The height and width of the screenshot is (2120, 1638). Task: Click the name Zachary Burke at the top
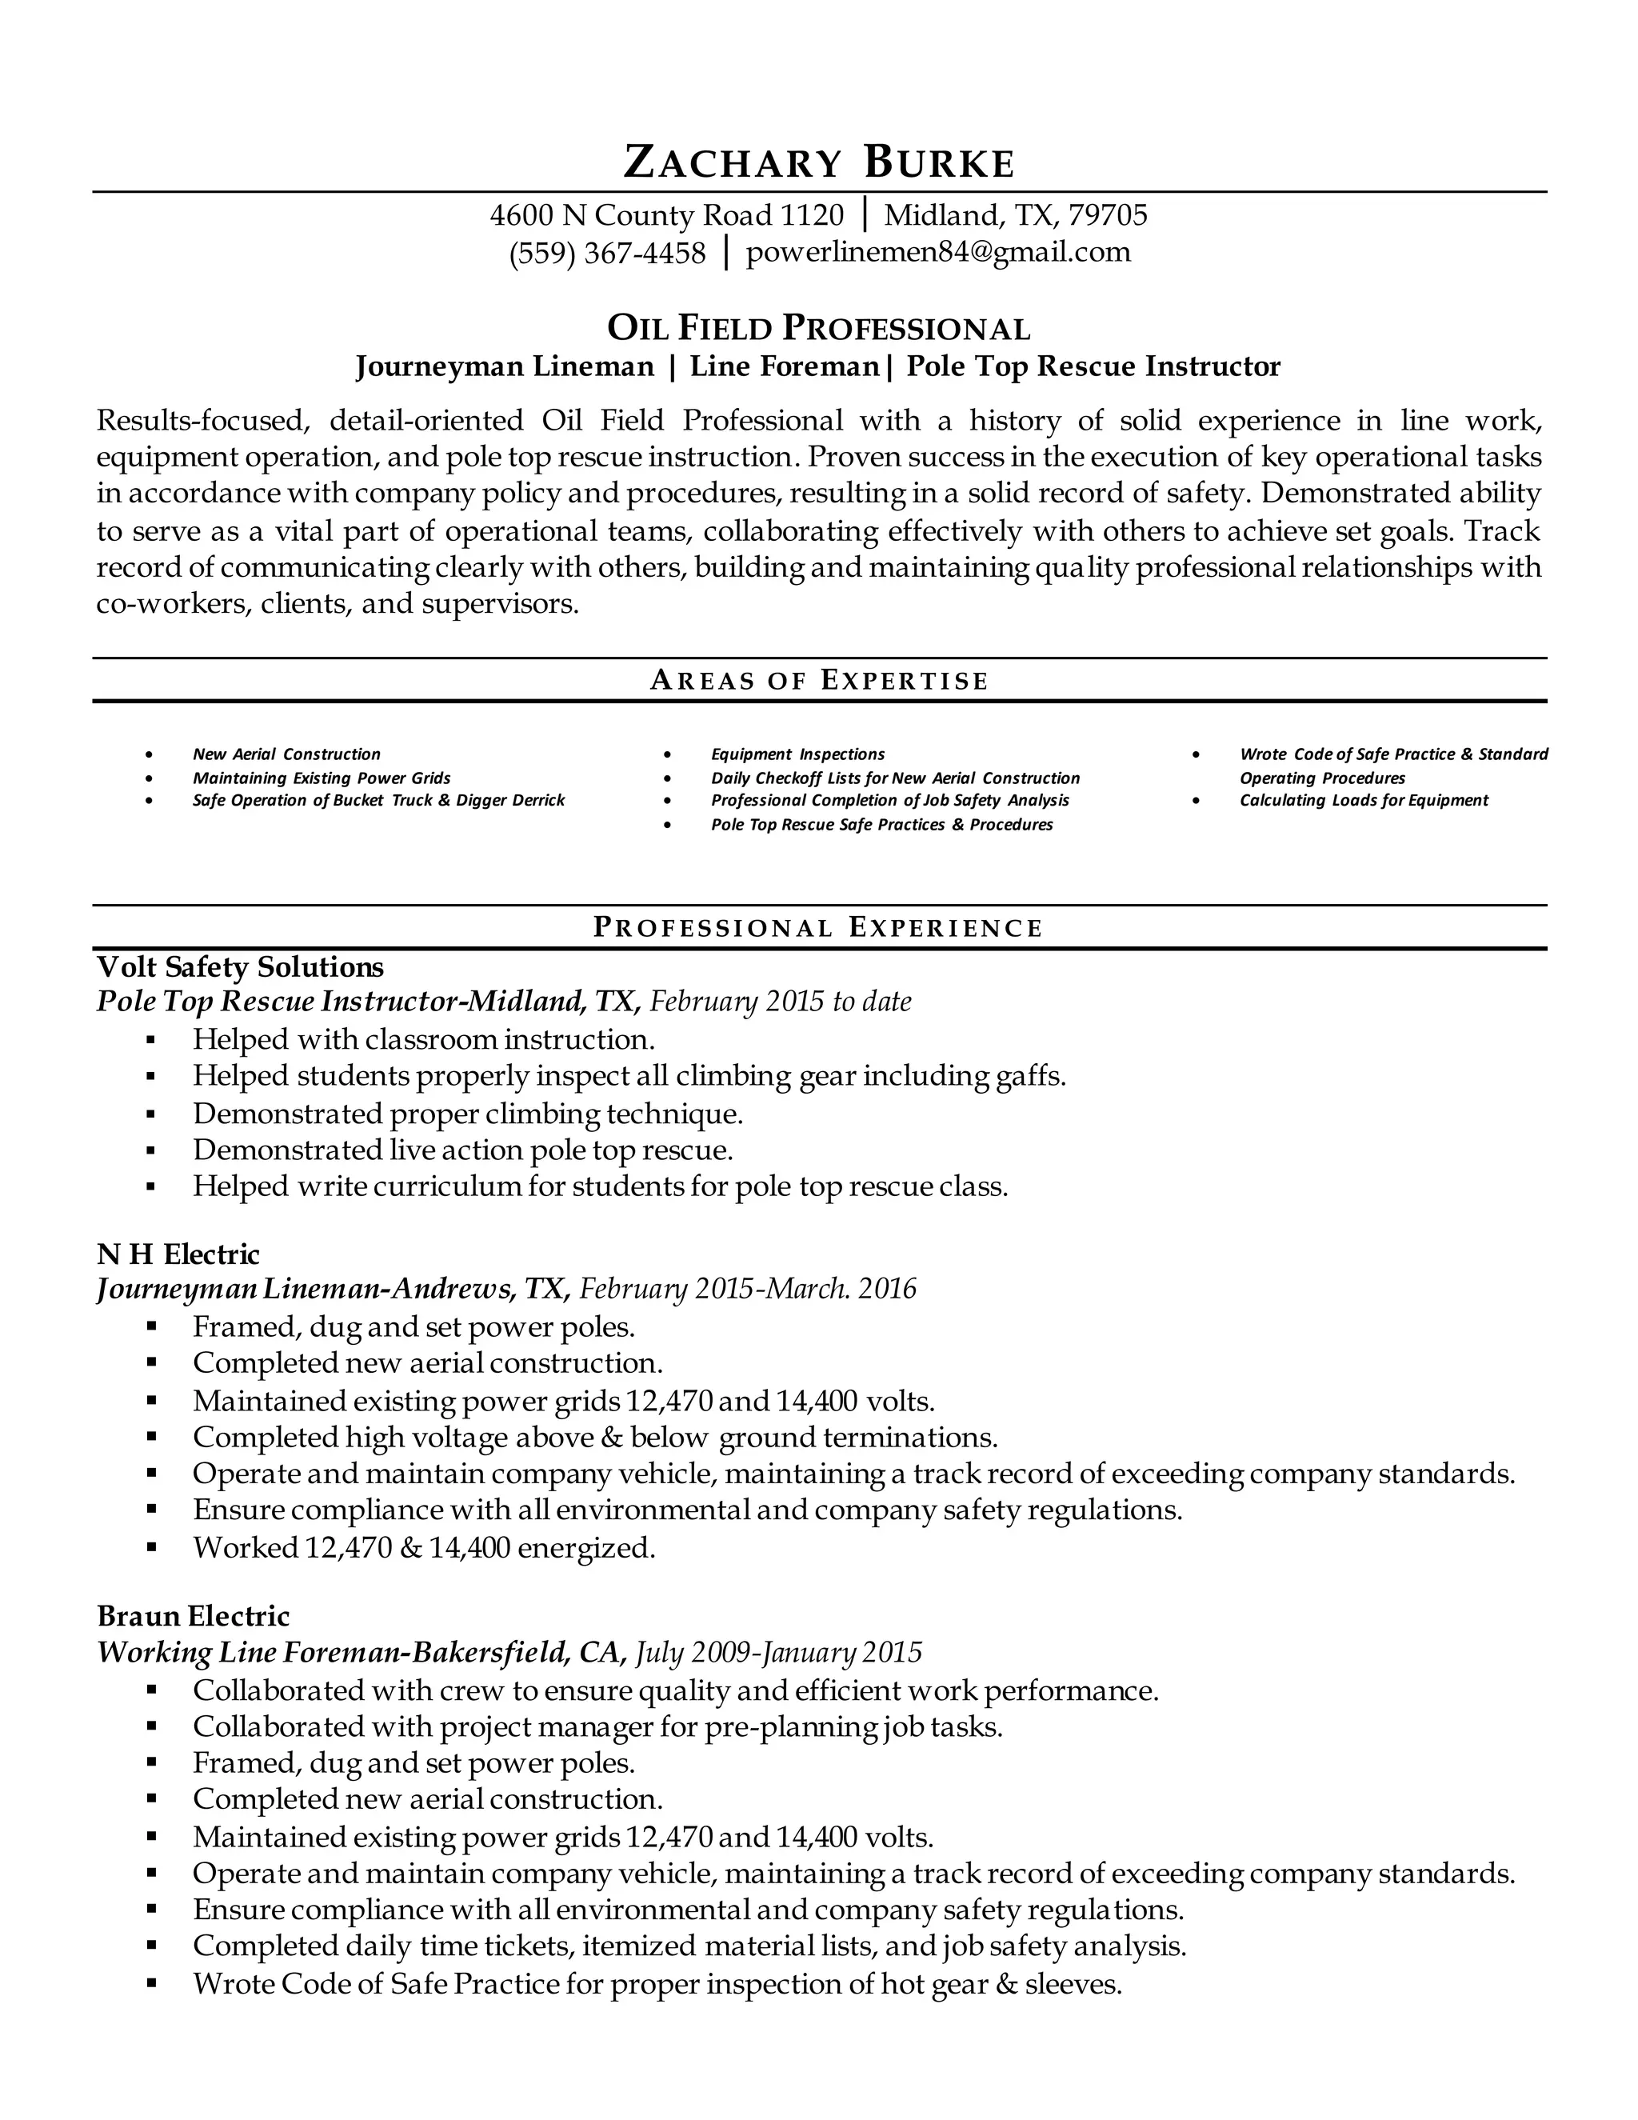tap(818, 162)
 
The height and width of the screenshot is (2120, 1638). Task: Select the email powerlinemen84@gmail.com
tap(937, 252)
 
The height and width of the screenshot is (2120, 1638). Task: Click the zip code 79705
tap(1107, 214)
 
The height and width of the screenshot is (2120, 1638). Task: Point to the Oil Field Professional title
tap(818, 329)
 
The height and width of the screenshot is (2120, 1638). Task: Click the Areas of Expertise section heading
tap(818, 681)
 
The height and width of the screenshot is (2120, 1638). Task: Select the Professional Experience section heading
tap(818, 928)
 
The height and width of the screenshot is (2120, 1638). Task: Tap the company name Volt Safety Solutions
tap(241, 967)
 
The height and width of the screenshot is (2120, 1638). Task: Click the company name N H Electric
tap(178, 1254)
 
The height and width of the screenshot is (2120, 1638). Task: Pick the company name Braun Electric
tap(193, 1616)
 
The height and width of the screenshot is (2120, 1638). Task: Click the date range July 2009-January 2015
tap(778, 1652)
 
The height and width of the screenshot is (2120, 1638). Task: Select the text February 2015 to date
tap(780, 1002)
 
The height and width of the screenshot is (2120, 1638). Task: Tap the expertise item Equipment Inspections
tap(797, 754)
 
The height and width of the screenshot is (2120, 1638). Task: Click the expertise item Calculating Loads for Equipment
tap(1364, 801)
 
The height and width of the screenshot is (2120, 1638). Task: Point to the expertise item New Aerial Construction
tap(286, 754)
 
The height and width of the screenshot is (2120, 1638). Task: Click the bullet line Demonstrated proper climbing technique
tap(468, 1114)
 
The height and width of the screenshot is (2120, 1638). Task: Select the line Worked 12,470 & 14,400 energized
tap(424, 1547)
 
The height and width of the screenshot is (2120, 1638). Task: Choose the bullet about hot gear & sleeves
tap(657, 1984)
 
